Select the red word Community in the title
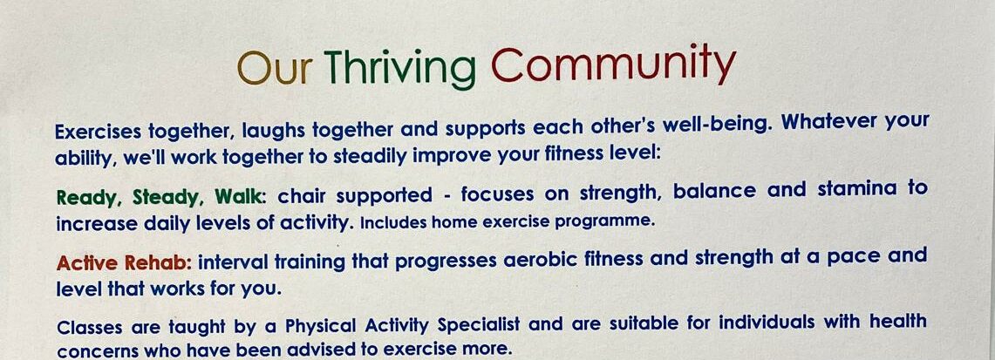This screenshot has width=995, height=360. [612, 66]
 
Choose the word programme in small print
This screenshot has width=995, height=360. [607, 221]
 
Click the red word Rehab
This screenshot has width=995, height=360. [157, 262]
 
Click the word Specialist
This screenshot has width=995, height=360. [478, 325]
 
